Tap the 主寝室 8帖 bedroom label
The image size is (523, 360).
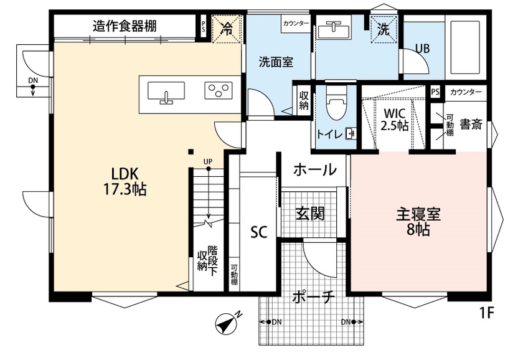418,220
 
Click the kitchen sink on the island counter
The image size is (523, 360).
166,92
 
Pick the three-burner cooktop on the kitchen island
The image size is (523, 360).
219,92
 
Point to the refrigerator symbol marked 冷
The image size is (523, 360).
227,28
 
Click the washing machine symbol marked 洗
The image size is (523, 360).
383,28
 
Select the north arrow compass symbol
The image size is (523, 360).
227,323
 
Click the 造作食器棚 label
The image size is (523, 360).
125,26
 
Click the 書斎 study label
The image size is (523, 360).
471,124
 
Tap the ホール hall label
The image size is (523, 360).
314,169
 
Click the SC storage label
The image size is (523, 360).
259,232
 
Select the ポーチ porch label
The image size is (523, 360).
314,297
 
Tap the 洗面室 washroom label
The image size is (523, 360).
276,62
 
